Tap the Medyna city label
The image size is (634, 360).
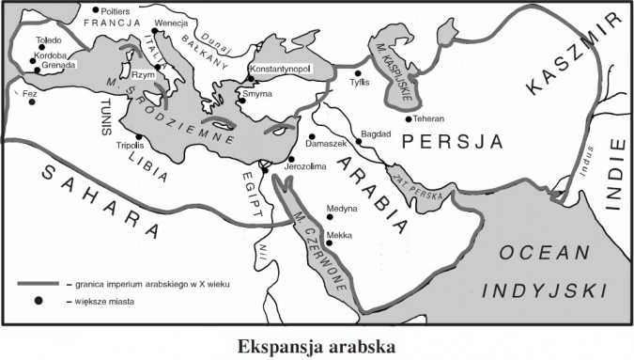coord(342,211)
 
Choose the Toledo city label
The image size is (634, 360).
coord(48,40)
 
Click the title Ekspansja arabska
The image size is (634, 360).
coord(317,345)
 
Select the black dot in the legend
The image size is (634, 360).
coord(39,301)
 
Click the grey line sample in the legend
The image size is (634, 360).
coord(39,283)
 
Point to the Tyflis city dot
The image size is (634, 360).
coord(358,72)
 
